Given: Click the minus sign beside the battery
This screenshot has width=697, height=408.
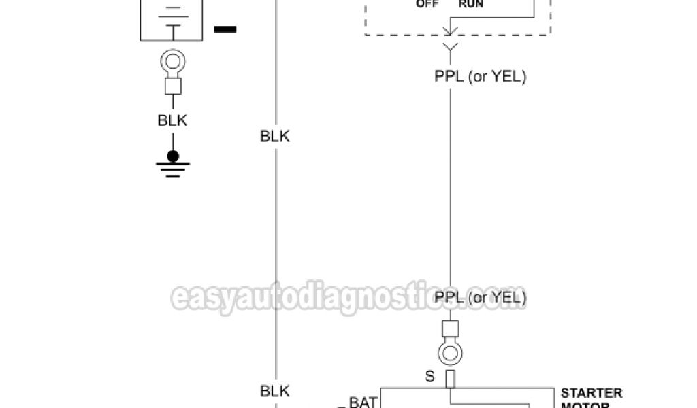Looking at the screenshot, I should [x=225, y=29].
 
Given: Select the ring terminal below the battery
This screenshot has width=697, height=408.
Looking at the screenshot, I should [x=172, y=63].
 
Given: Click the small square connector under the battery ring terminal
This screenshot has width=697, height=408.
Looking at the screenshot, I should [x=173, y=86].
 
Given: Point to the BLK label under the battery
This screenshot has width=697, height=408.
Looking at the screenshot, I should [x=172, y=121].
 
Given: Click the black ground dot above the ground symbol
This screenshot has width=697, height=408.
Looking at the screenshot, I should [x=173, y=156].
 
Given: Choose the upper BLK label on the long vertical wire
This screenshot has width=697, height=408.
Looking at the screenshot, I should [x=275, y=136].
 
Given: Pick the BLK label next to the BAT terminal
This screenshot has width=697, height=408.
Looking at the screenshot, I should [x=275, y=391].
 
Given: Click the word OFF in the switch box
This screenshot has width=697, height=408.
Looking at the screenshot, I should [x=427, y=3].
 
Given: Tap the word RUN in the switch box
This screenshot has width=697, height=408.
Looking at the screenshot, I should [x=470, y=3].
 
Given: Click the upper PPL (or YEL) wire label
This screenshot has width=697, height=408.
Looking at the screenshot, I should [x=481, y=77].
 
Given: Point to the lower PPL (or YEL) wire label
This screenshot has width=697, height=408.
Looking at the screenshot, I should [x=481, y=297].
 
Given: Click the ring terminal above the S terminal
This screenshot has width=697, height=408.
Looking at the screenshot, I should [x=450, y=352].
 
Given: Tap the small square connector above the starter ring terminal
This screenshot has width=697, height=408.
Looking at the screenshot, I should [x=450, y=328].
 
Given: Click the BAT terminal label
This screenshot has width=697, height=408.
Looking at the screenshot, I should [x=363, y=402].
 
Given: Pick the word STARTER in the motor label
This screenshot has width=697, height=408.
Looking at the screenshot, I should [x=591, y=393].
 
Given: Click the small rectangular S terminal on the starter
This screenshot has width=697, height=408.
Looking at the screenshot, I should [x=450, y=379].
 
